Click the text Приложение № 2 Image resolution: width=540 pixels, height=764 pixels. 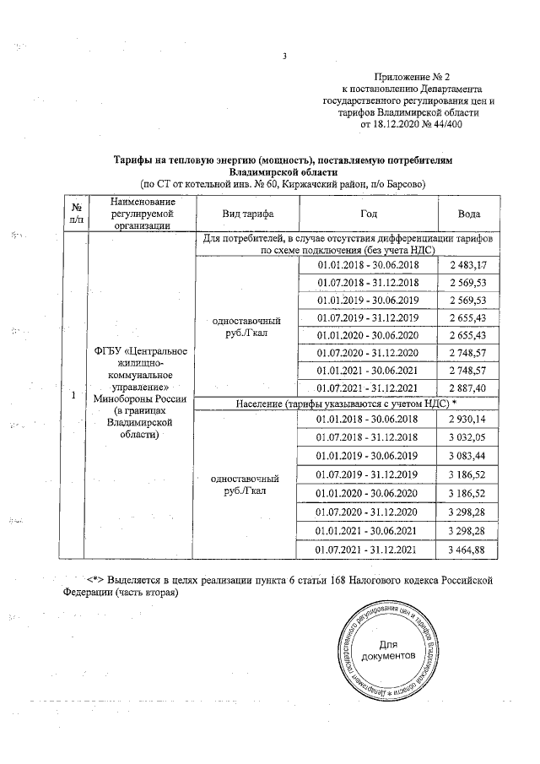point(414,76)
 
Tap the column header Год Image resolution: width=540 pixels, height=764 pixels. point(367,214)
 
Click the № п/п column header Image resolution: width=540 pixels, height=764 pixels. point(76,214)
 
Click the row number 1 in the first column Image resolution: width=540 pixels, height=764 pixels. point(75,395)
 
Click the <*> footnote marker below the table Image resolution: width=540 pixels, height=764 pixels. point(96,580)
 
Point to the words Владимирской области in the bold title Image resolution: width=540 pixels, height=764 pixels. point(283,170)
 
